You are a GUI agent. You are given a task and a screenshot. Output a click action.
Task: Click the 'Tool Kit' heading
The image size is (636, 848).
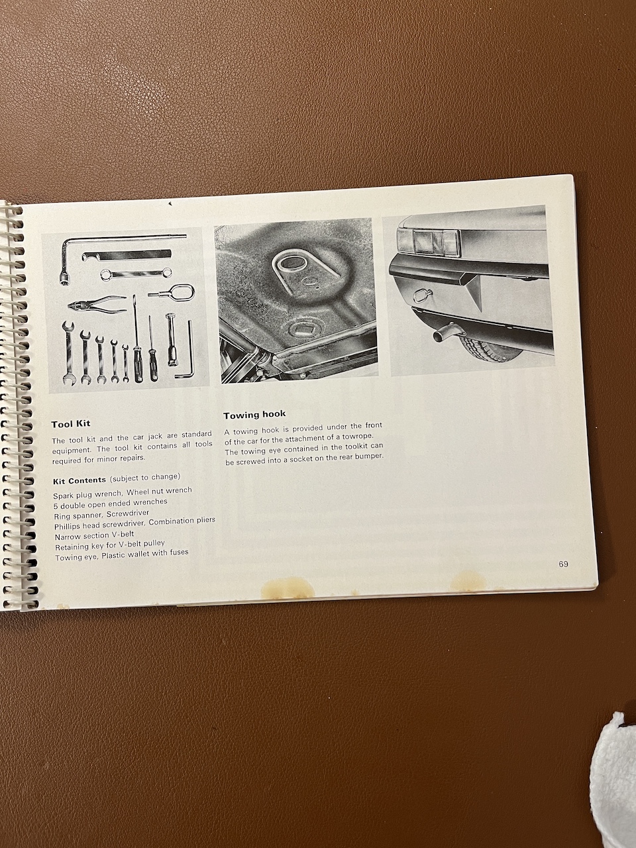coord(71,424)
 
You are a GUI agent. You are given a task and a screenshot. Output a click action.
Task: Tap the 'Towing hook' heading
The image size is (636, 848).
coord(254,415)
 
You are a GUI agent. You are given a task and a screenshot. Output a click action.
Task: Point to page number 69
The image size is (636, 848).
coord(563,564)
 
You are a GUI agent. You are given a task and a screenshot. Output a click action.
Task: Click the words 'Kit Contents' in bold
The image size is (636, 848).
coord(79,480)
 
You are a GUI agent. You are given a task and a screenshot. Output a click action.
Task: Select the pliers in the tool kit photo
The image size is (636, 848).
coord(97,303)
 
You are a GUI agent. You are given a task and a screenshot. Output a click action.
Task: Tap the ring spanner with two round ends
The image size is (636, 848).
coord(136,274)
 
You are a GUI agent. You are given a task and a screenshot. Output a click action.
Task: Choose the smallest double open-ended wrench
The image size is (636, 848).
coord(125,363)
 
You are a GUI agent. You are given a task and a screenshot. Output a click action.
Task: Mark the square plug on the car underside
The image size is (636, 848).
coord(301,331)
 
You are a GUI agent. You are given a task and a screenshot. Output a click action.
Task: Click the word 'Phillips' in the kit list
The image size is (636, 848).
coord(67,527)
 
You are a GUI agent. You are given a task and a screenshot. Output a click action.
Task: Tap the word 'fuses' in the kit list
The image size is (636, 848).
coord(178,553)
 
